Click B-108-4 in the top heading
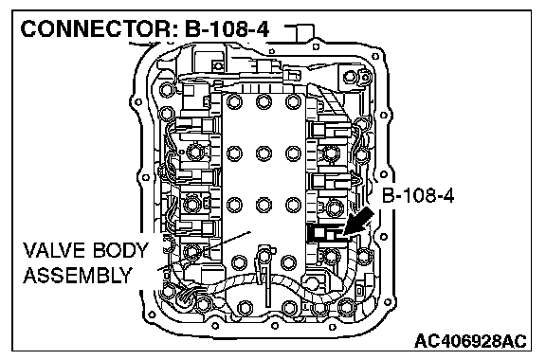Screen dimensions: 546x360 pos(227,28)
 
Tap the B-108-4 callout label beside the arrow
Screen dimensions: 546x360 pos(418,195)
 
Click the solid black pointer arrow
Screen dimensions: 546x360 pos(358,223)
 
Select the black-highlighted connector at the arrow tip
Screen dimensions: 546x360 pos(325,233)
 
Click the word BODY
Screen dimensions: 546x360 pos(120,250)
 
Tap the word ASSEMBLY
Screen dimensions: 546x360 pos(78,275)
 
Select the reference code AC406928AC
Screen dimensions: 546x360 pos(470,340)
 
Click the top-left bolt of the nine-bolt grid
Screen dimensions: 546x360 pos(234,101)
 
